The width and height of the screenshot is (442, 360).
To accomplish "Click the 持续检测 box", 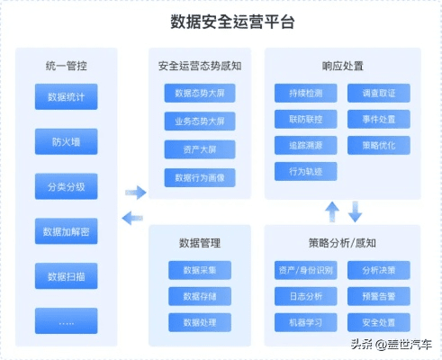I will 306,92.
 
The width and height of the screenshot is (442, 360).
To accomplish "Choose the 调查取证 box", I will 379,92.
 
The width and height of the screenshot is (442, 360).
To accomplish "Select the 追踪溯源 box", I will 306,144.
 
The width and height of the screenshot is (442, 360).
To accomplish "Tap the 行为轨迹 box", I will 306,170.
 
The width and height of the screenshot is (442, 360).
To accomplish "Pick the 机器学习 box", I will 306,321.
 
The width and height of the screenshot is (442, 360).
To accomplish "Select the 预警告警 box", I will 379,295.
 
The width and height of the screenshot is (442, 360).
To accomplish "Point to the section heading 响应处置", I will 342,66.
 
